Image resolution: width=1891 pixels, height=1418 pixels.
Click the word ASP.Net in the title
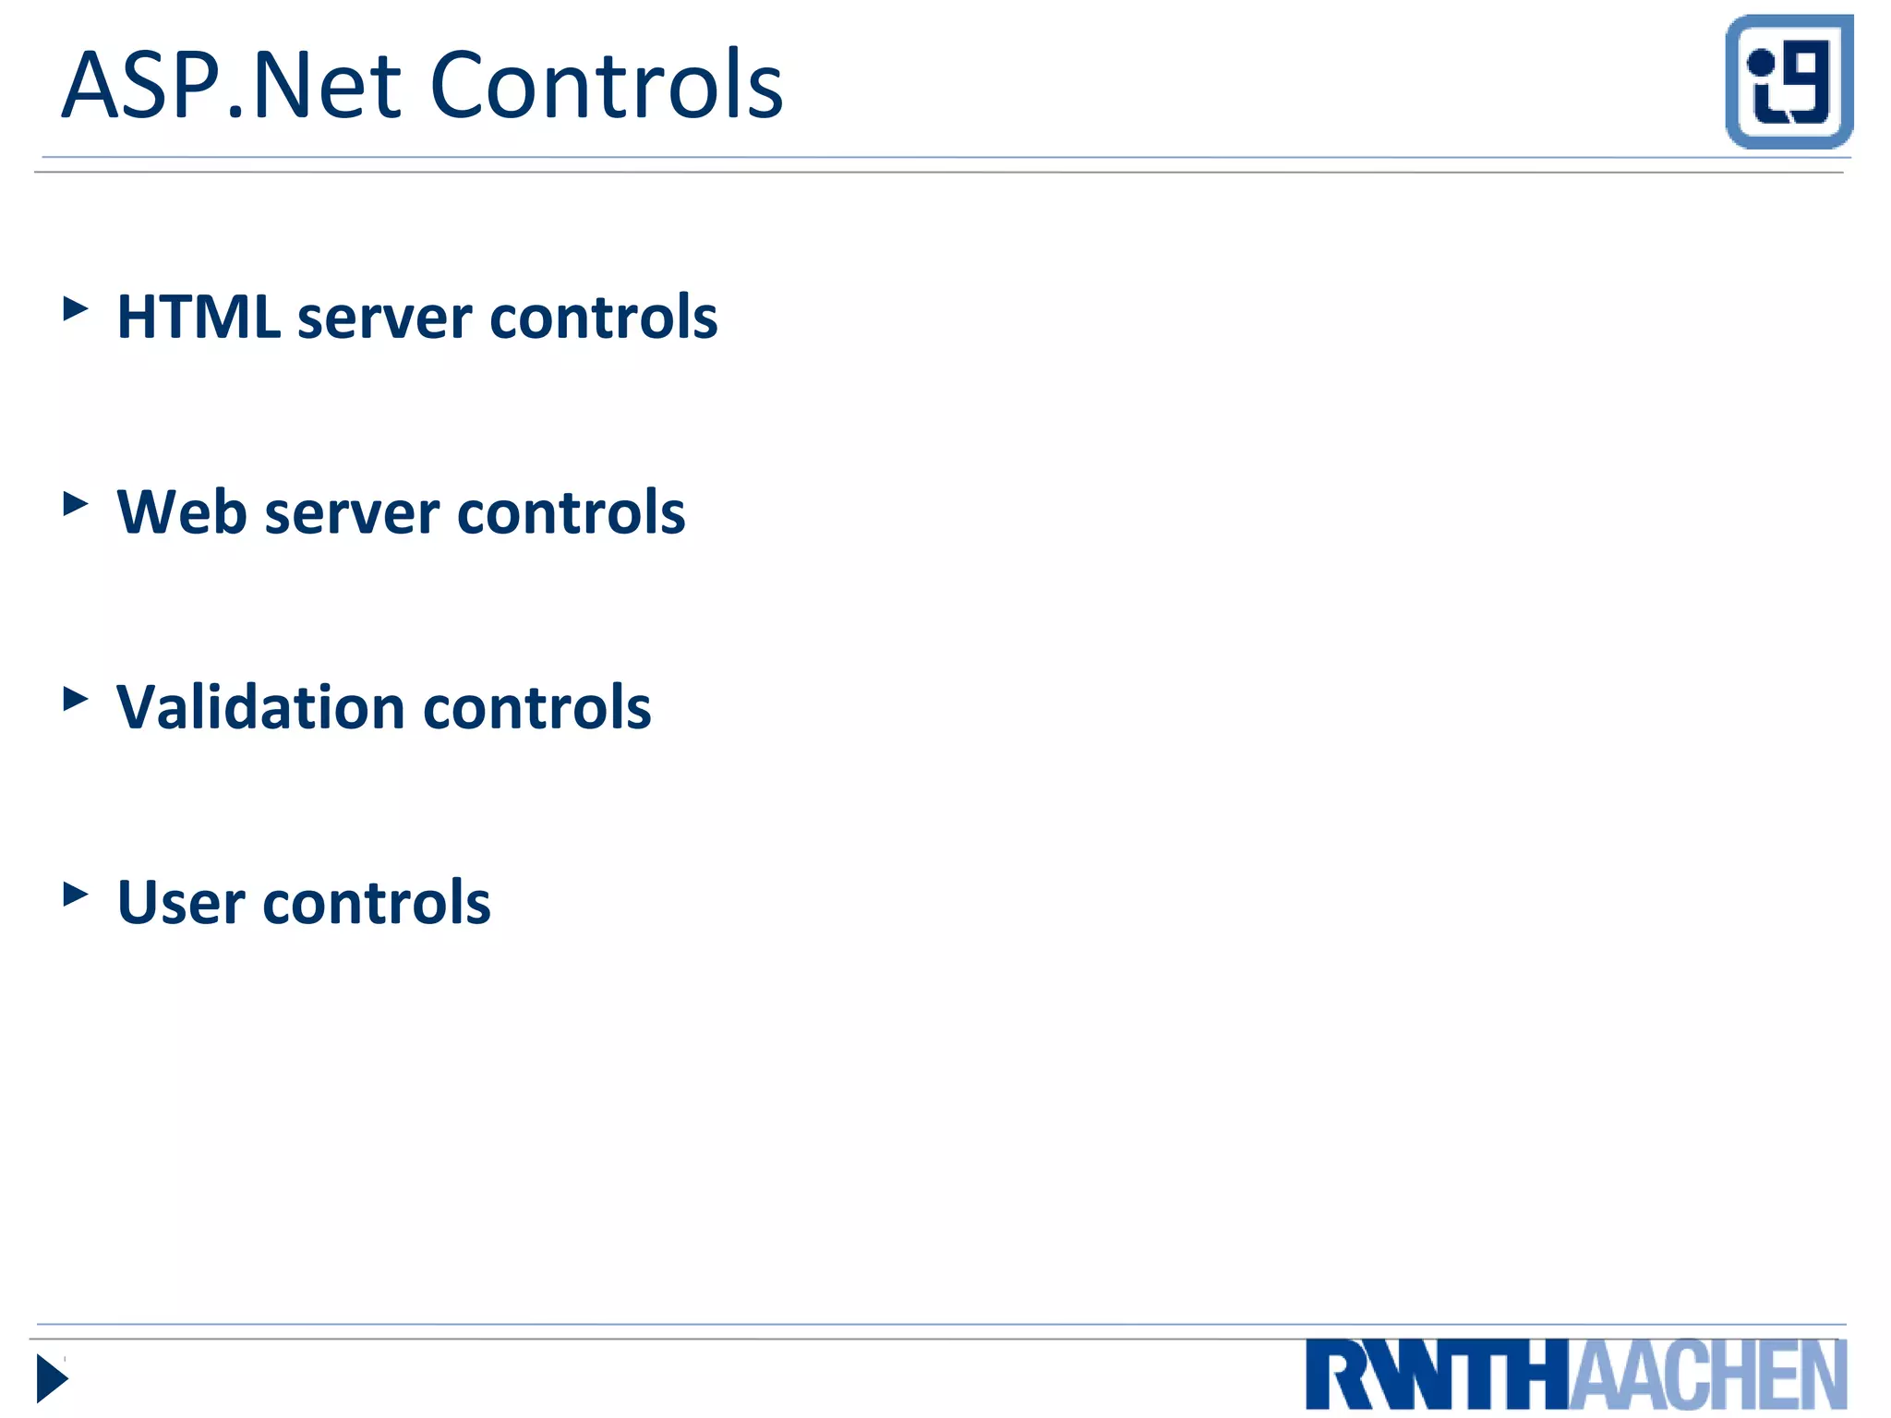click(x=231, y=86)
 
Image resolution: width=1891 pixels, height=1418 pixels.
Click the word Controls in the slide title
click(x=607, y=86)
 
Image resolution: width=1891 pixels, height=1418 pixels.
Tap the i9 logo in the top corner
click(x=1789, y=81)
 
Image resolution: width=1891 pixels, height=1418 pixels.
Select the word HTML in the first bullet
click(x=199, y=318)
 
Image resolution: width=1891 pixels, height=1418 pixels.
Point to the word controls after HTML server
click(x=603, y=318)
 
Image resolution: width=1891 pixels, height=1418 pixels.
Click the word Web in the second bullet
click(x=181, y=512)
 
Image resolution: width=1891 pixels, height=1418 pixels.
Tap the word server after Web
click(x=351, y=514)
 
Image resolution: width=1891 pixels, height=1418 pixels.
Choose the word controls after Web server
click(x=571, y=512)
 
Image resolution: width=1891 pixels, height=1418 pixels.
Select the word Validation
click(x=260, y=708)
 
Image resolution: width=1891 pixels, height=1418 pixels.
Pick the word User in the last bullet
click(x=181, y=903)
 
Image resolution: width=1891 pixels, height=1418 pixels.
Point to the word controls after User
click(x=377, y=903)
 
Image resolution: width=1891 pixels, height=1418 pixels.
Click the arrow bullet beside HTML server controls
click(x=76, y=308)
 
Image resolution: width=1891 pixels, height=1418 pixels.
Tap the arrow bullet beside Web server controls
click(x=76, y=504)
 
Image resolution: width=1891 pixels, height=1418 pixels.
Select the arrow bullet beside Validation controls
click(x=76, y=699)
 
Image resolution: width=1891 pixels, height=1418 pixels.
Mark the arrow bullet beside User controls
click(x=76, y=894)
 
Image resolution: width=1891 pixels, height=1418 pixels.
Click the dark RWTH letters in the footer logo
click(x=1437, y=1376)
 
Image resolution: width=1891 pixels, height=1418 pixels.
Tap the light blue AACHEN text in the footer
click(x=1708, y=1376)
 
